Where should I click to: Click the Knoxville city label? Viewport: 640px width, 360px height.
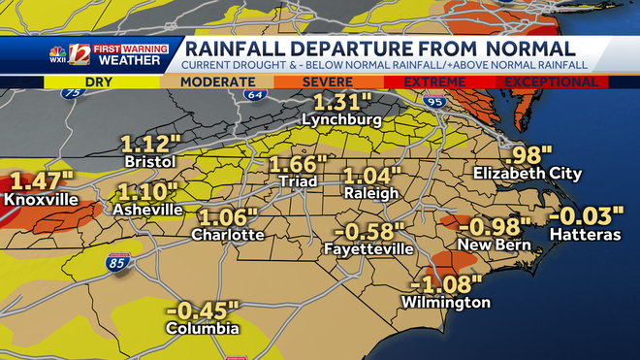[40, 200]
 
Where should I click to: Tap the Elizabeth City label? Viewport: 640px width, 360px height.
[528, 174]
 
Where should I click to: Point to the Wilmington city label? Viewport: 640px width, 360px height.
[447, 303]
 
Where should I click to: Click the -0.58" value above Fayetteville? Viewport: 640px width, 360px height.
[368, 232]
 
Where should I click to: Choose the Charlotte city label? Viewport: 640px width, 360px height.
[228, 235]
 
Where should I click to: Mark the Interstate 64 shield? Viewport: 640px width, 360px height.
[256, 94]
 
